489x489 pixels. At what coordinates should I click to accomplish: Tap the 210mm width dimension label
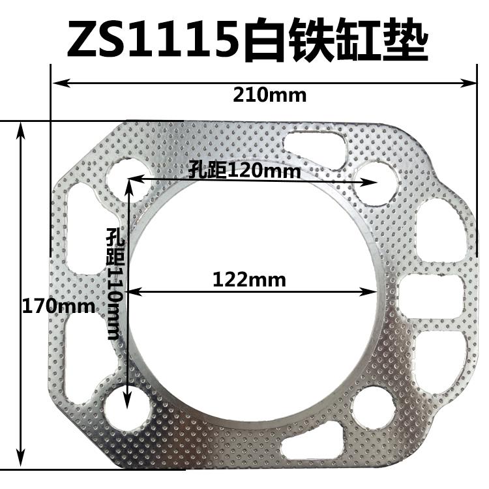(269, 95)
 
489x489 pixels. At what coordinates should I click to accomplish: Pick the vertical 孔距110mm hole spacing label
(115, 284)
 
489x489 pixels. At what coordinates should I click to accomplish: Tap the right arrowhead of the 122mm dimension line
(384, 293)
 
